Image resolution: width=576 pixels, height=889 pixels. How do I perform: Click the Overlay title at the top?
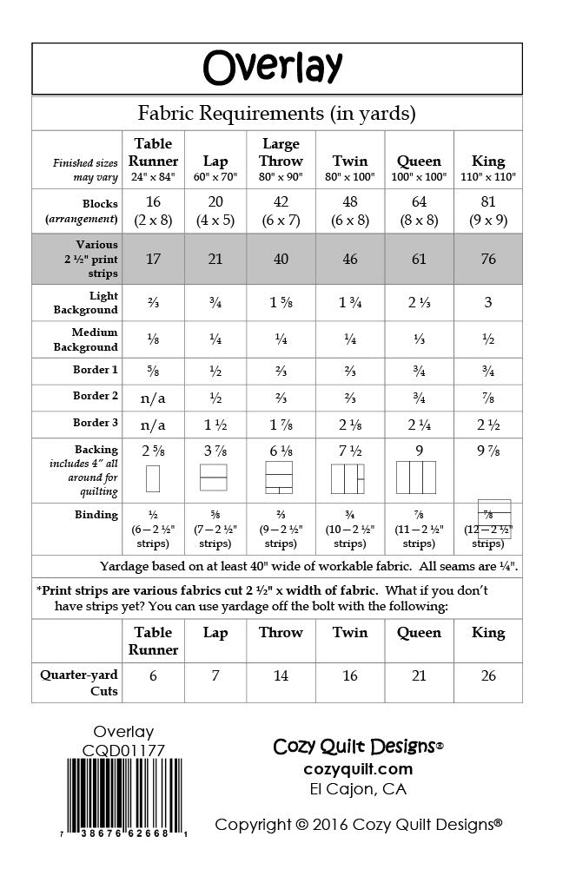[273, 67]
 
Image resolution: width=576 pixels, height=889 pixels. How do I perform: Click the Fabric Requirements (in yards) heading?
[277, 113]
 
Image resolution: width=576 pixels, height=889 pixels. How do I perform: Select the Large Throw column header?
[281, 152]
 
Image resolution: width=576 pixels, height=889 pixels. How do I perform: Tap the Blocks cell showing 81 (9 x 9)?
[488, 210]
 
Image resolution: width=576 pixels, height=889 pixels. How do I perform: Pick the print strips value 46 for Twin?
[349, 259]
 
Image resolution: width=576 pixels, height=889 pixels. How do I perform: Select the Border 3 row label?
[96, 423]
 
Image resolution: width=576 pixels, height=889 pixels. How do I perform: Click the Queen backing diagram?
[414, 477]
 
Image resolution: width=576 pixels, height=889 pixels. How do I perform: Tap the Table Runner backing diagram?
[153, 478]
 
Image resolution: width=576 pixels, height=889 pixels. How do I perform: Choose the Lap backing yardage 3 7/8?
[215, 451]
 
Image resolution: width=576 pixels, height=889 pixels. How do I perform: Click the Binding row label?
[96, 515]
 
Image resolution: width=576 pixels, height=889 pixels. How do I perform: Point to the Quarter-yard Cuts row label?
[79, 682]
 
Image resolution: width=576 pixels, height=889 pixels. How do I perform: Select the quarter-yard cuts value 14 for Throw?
[280, 675]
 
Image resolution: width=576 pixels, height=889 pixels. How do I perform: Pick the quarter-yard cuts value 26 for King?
[488, 675]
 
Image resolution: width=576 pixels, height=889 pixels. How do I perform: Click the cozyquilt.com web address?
[358, 769]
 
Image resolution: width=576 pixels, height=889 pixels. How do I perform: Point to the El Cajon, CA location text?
[358, 789]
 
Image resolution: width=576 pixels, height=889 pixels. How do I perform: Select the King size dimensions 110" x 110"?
[488, 177]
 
